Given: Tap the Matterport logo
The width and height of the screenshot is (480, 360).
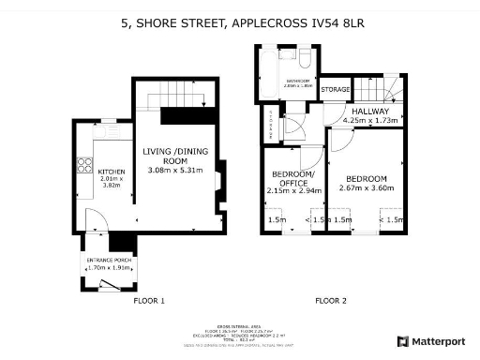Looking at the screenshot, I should [x=433, y=341].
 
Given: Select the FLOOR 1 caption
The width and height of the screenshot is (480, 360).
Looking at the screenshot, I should [x=149, y=301].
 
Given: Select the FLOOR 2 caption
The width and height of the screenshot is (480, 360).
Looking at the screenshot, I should [x=330, y=301].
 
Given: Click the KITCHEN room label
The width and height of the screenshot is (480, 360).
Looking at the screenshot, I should [x=112, y=172].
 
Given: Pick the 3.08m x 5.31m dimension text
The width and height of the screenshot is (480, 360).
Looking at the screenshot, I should [x=174, y=170].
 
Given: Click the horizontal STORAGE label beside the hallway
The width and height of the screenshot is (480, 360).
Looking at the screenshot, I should [x=335, y=90].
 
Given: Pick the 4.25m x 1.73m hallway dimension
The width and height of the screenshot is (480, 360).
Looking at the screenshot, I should [x=371, y=120].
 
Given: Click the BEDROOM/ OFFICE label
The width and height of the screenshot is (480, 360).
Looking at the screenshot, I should [x=293, y=178].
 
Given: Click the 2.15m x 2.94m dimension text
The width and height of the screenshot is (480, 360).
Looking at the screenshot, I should [x=293, y=190].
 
